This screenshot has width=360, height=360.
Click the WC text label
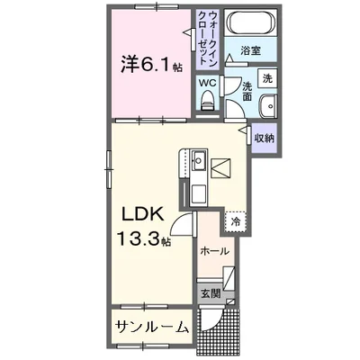[208, 84]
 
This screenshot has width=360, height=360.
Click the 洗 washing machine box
[268, 78]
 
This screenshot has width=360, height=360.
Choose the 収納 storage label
[264, 138]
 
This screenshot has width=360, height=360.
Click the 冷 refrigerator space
[235, 220]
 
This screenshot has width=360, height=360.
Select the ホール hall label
[214, 251]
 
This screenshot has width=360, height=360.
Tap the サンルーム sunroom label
[151, 326]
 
